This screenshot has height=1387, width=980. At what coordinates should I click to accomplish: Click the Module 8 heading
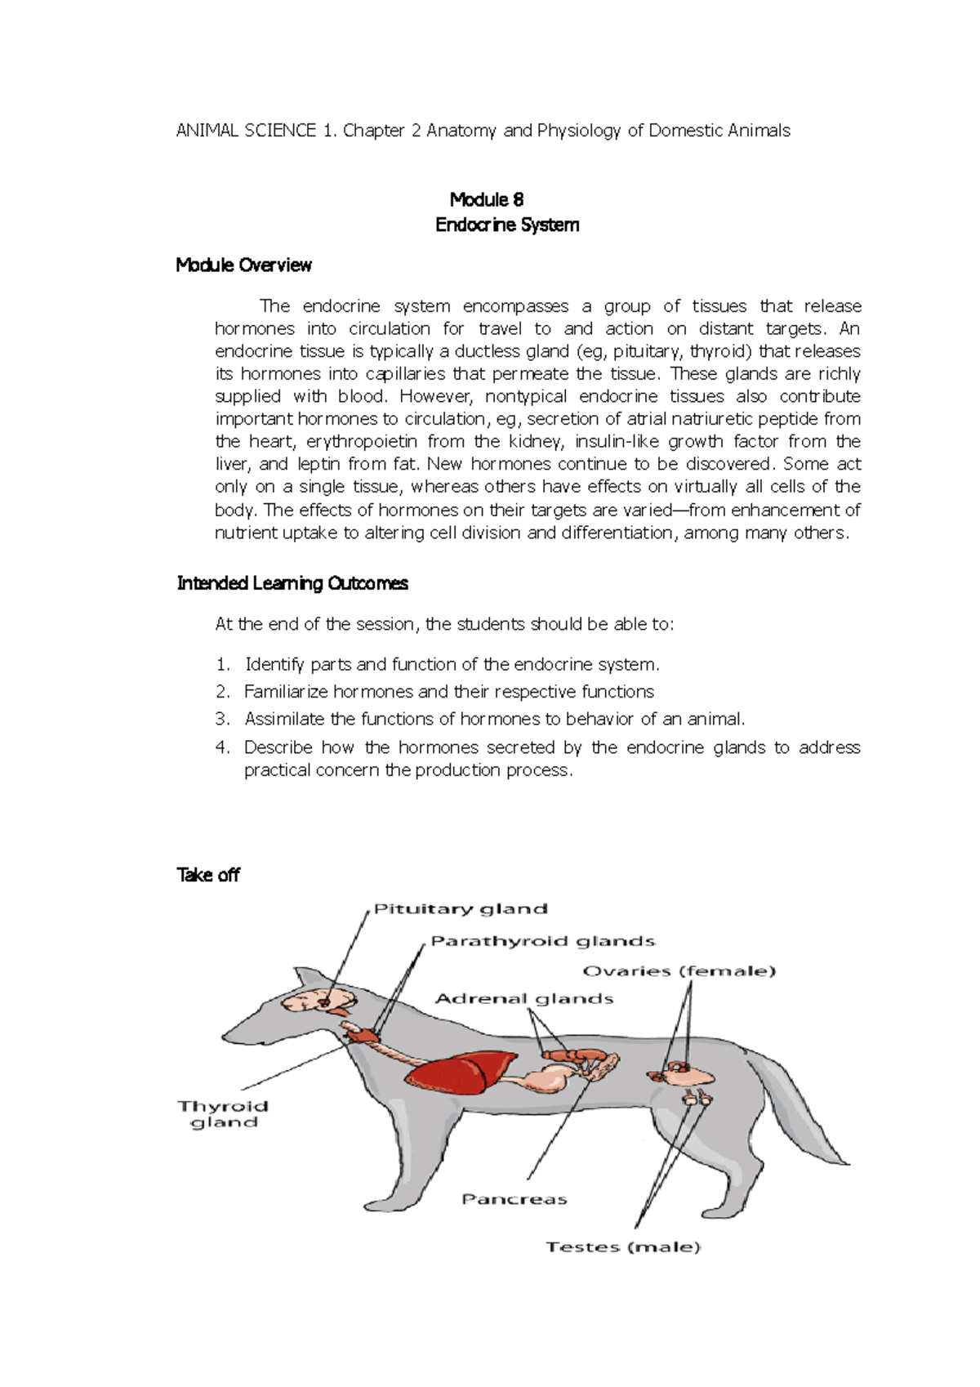[487, 200]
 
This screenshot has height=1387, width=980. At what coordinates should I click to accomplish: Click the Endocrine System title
[507, 225]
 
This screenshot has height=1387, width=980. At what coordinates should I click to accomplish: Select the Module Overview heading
[243, 265]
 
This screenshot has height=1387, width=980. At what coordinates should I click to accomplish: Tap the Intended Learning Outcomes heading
[292, 583]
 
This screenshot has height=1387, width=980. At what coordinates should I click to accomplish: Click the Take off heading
[208, 875]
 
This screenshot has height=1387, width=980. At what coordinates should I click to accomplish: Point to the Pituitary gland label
[461, 909]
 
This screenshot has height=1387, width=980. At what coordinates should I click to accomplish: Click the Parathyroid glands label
[542, 941]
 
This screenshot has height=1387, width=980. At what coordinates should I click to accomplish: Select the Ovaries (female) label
[679, 971]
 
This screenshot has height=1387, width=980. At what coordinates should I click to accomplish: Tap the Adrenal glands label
[524, 998]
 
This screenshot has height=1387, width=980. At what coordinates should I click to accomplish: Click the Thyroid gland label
[223, 1114]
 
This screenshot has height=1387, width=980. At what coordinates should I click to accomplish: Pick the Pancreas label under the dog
[514, 1199]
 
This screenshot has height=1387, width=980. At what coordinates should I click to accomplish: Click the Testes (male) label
[623, 1247]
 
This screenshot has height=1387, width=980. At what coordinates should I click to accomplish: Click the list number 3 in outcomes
[222, 719]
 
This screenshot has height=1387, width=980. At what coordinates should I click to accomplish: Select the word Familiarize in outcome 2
[285, 692]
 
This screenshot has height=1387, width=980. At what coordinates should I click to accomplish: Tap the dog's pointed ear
[307, 977]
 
